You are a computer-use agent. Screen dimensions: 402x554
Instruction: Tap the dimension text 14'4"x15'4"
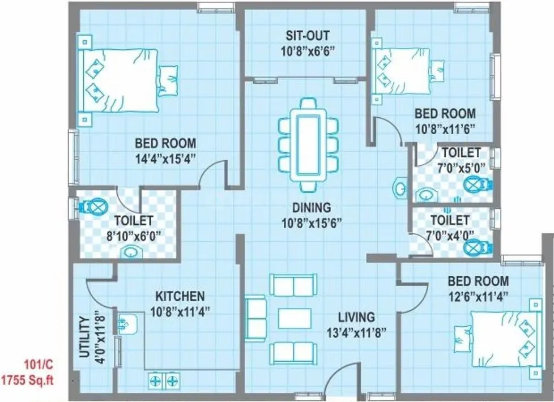click(165, 158)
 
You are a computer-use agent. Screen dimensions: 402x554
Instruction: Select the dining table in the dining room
click(308, 145)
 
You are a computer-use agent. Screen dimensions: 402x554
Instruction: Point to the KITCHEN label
click(180, 296)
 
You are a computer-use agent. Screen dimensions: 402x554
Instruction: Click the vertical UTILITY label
click(84, 339)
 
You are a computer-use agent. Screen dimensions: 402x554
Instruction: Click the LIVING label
click(356, 317)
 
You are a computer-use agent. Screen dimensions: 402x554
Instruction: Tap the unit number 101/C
click(38, 365)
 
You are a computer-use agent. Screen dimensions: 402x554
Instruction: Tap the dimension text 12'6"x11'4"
click(478, 296)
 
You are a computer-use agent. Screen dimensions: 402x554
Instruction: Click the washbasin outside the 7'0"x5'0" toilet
click(400, 187)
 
